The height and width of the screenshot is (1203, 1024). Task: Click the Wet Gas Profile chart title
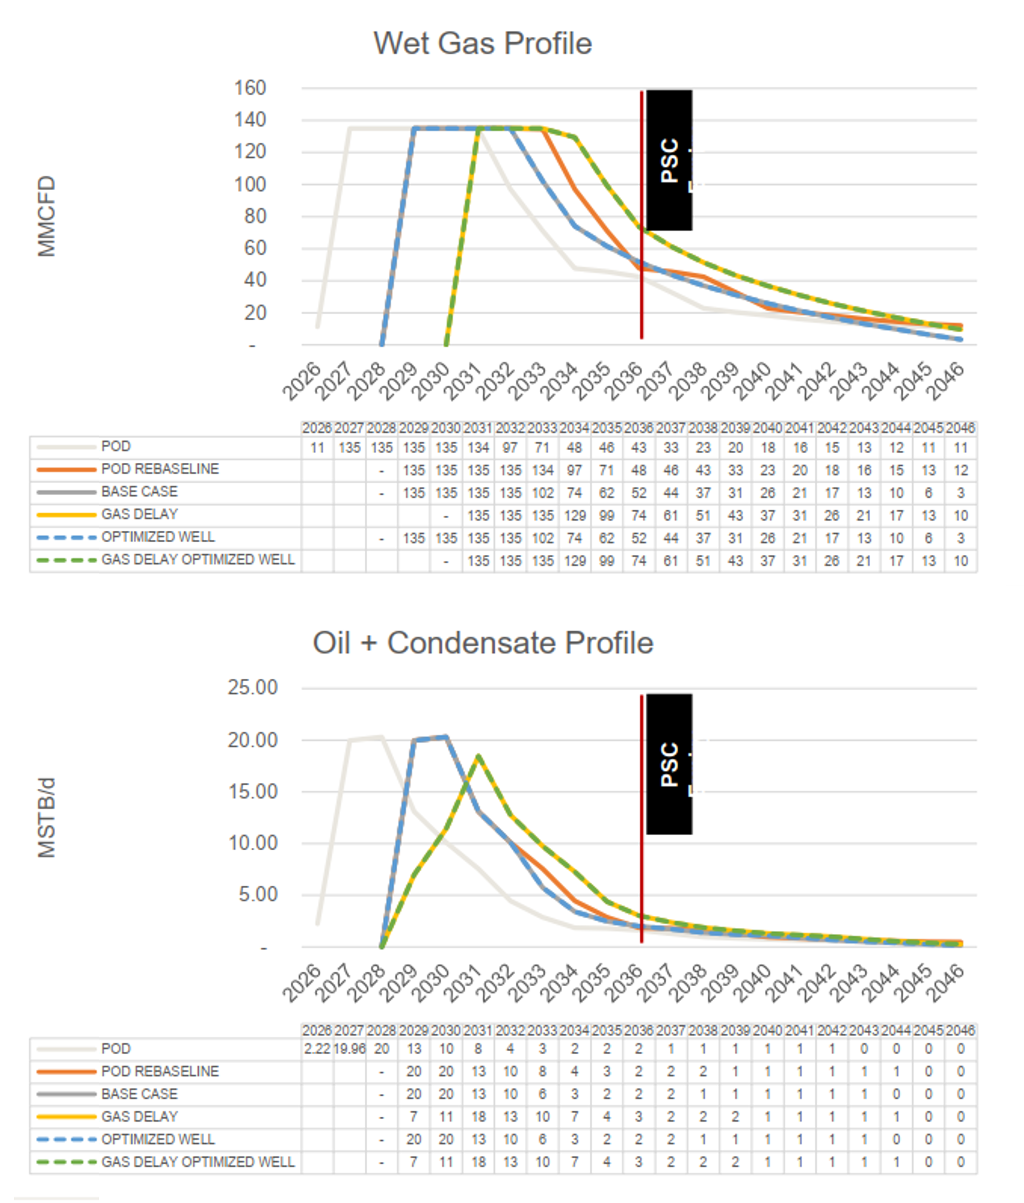click(x=482, y=44)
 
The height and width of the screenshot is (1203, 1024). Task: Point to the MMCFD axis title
click(x=47, y=216)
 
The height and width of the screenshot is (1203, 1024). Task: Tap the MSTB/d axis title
click(x=47, y=817)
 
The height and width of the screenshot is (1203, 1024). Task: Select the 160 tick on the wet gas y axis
click(x=250, y=88)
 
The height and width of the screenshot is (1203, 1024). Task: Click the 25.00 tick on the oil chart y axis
click(x=253, y=687)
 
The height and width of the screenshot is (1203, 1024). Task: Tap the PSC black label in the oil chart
click(x=669, y=764)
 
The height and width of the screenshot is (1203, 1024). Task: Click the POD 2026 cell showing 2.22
click(x=317, y=1049)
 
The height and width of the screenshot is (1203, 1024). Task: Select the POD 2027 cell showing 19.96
click(x=349, y=1049)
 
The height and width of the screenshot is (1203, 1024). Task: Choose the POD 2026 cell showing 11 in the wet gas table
click(x=317, y=448)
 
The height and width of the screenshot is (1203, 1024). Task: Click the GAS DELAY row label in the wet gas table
click(x=139, y=514)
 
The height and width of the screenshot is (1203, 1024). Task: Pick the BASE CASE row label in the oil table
click(x=139, y=1094)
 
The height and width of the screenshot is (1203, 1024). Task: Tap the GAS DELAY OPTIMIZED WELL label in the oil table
click(x=198, y=1162)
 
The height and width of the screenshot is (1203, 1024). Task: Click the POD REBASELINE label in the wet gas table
click(x=160, y=469)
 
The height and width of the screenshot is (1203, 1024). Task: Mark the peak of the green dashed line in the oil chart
click(x=478, y=756)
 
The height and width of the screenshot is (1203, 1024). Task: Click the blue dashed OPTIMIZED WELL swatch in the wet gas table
click(x=66, y=537)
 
